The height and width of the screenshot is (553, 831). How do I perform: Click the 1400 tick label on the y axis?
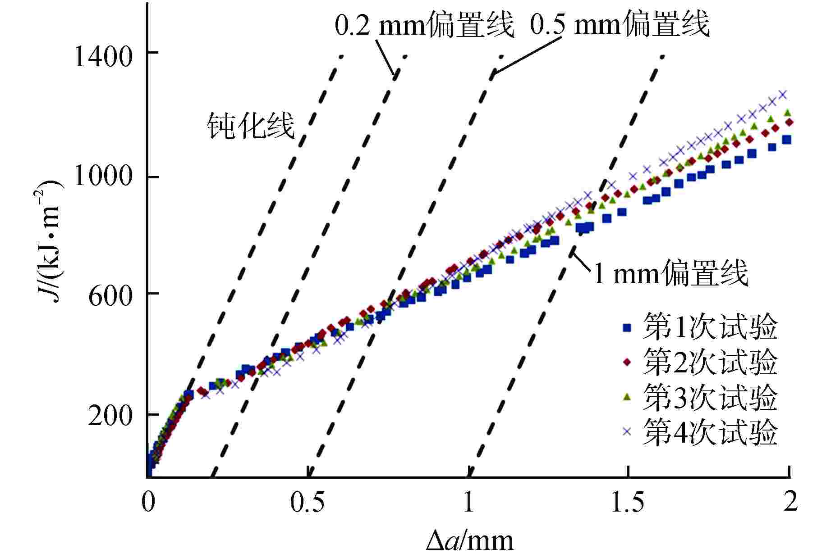102,57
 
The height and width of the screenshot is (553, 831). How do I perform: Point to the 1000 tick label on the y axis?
102,176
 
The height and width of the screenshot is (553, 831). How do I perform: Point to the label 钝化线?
251,126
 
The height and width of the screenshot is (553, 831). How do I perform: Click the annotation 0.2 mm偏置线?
424,26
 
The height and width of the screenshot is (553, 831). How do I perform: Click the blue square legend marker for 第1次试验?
627,328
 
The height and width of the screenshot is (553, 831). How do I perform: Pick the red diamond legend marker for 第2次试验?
627,362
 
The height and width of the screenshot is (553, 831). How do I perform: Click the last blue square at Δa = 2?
787,140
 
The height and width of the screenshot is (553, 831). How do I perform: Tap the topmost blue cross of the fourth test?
783,94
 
